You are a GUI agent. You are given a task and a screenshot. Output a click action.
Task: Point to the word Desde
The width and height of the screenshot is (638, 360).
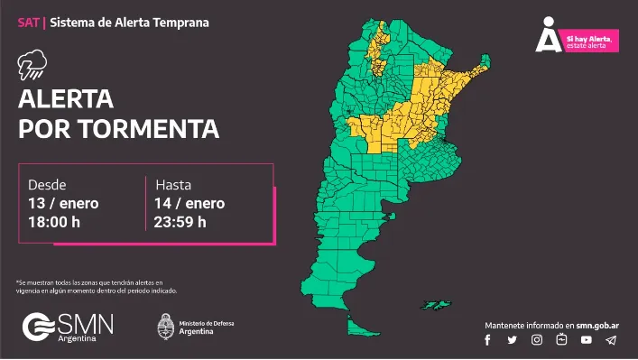point(47,185)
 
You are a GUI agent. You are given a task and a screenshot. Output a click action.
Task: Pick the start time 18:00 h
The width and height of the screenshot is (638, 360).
point(56,222)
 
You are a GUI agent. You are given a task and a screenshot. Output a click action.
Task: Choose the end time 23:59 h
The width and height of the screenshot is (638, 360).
point(180,222)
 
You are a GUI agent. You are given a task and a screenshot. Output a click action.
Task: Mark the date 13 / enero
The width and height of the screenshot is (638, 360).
point(63,203)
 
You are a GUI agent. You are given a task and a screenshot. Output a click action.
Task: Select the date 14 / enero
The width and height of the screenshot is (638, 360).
point(190,203)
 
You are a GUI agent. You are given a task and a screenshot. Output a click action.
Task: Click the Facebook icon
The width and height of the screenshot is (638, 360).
point(488,340)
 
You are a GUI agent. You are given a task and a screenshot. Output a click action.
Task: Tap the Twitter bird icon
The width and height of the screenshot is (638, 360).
point(513,340)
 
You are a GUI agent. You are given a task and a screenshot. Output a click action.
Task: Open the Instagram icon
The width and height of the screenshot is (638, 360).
point(537,340)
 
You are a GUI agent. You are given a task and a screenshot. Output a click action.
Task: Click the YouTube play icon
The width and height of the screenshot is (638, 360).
point(587,340)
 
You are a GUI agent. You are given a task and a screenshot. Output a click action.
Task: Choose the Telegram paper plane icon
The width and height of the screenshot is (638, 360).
point(611,340)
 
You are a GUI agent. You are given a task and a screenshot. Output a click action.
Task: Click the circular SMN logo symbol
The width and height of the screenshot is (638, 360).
point(36,327)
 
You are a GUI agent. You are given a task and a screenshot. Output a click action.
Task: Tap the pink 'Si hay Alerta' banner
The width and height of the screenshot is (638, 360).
point(591,40)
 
